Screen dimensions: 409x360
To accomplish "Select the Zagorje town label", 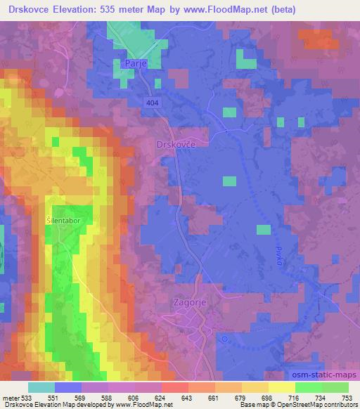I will click(x=190, y=302).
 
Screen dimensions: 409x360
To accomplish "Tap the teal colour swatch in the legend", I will click(x=41, y=387).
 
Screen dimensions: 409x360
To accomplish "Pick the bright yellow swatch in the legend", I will click(x=281, y=387).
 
